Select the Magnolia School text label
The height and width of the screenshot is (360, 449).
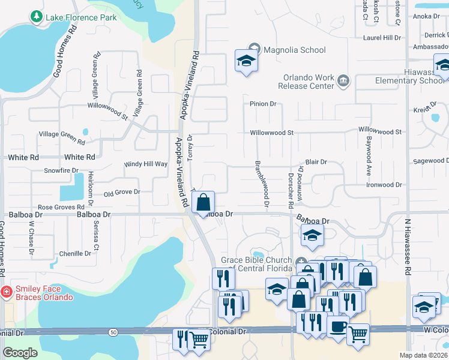tap(294, 50)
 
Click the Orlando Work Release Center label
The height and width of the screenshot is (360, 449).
tap(309, 82)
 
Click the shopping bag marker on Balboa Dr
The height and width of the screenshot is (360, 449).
tap(203, 202)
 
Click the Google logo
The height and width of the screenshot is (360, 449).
tap(19, 353)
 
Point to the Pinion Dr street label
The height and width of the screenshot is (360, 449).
tap(263, 104)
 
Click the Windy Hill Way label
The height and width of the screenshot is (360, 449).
tap(145, 164)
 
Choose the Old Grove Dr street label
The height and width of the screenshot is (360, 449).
tap(121, 193)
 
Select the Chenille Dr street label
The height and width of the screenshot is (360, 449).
tap(75, 254)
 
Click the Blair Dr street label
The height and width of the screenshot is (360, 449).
tap(316, 162)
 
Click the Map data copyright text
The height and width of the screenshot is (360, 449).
tap(424, 355)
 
